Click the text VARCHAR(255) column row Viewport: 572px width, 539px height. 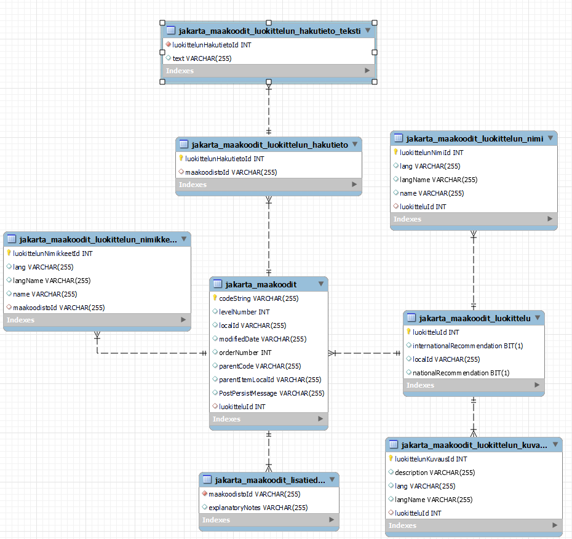202,58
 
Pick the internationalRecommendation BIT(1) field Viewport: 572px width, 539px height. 467,346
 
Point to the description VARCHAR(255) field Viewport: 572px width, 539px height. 435,473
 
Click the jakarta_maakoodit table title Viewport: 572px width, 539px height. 261,284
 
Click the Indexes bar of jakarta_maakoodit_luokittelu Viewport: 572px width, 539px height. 474,385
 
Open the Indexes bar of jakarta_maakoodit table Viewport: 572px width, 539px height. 268,419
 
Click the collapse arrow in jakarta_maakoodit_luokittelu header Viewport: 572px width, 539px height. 538,318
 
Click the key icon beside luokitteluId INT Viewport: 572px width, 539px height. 408,332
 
